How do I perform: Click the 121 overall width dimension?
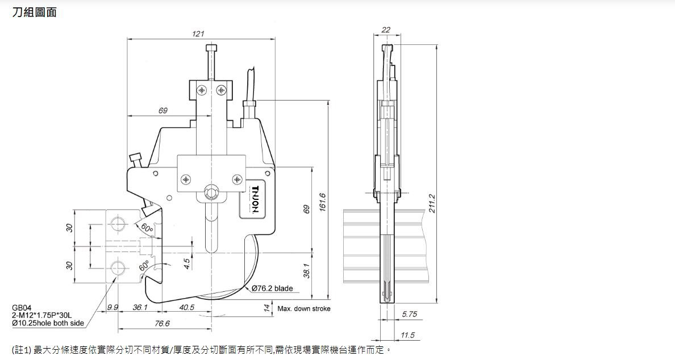click(x=198, y=34)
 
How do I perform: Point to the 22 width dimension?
click(x=386, y=30)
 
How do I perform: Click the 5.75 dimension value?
click(x=409, y=314)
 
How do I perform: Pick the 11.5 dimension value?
click(x=408, y=335)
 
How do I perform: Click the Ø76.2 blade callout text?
click(x=273, y=288)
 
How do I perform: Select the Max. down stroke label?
click(x=304, y=309)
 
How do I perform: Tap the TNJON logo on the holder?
click(x=255, y=199)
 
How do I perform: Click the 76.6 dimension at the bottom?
click(x=163, y=324)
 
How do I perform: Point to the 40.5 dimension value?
click(x=186, y=307)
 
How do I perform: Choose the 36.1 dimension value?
click(x=140, y=307)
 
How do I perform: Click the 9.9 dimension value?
click(x=113, y=307)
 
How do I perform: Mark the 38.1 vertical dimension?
click(x=307, y=271)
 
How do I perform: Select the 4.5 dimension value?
click(x=187, y=265)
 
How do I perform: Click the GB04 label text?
click(x=22, y=308)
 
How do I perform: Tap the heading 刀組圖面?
click(x=35, y=12)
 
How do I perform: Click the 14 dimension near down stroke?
click(x=266, y=308)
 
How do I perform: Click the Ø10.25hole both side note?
click(x=48, y=323)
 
